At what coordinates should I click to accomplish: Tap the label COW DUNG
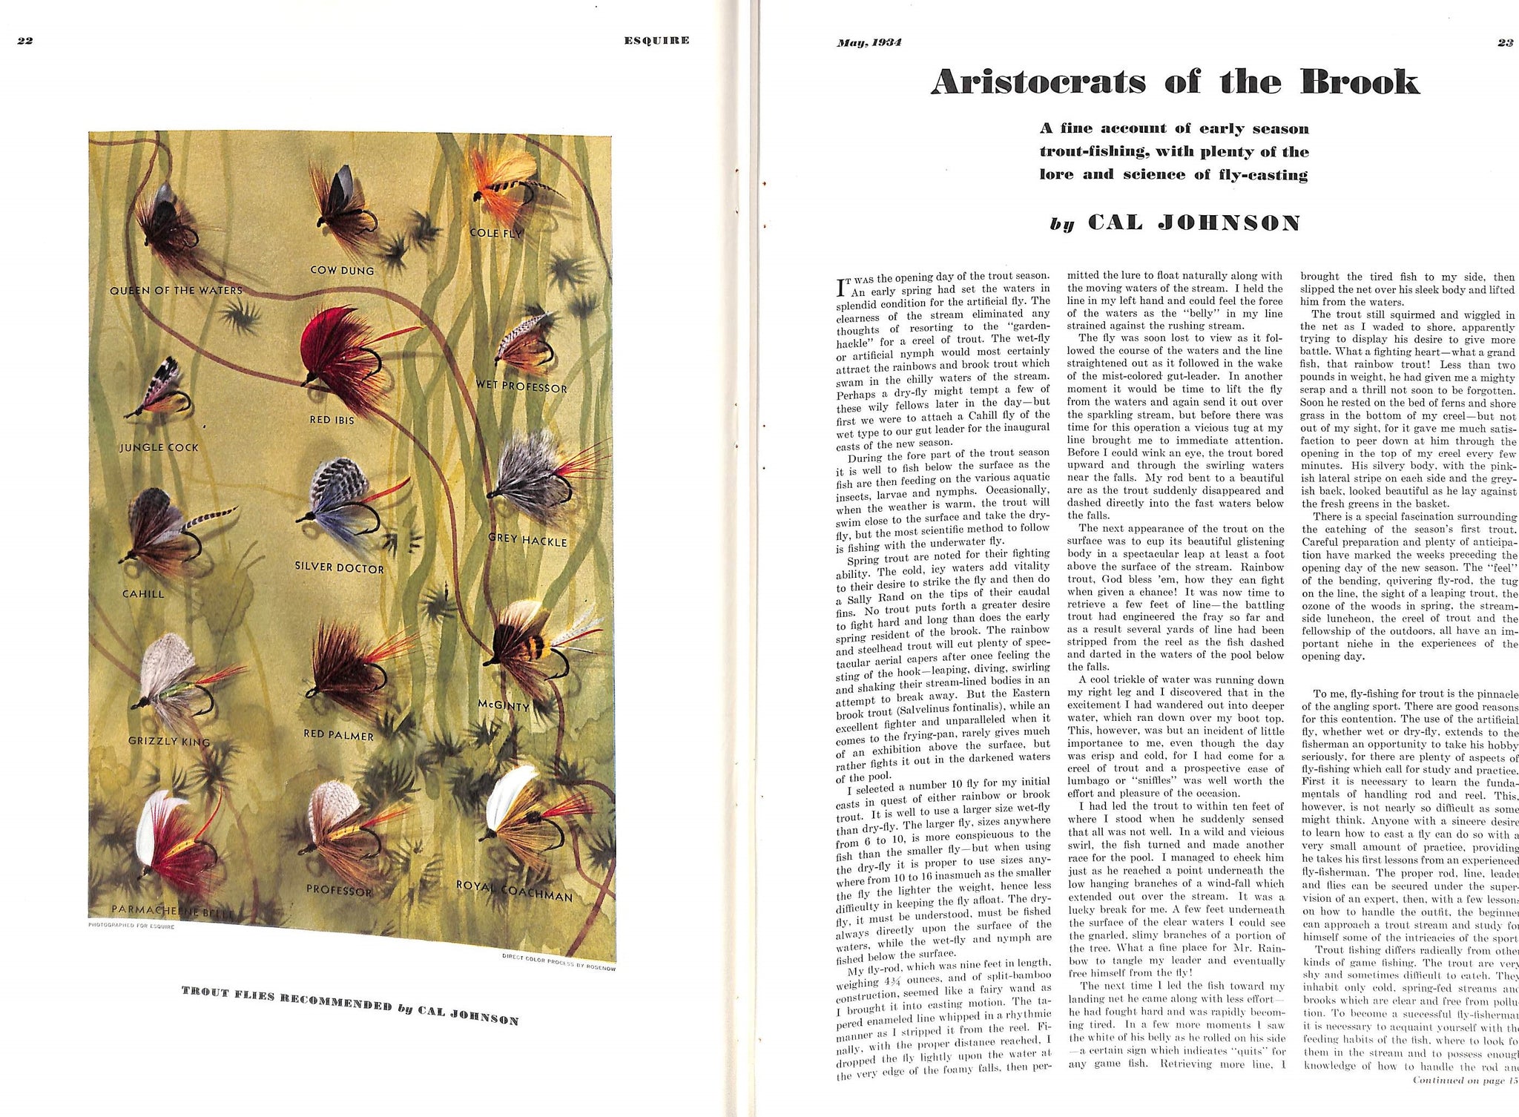coord(342,271)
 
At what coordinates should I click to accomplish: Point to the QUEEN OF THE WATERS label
coord(176,290)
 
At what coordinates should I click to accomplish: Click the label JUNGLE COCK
coord(159,447)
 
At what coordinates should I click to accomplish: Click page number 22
coord(25,41)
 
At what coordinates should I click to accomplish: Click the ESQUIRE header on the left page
coord(656,40)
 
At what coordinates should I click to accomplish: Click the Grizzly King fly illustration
coord(175,682)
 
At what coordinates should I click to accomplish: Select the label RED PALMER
coord(338,735)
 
